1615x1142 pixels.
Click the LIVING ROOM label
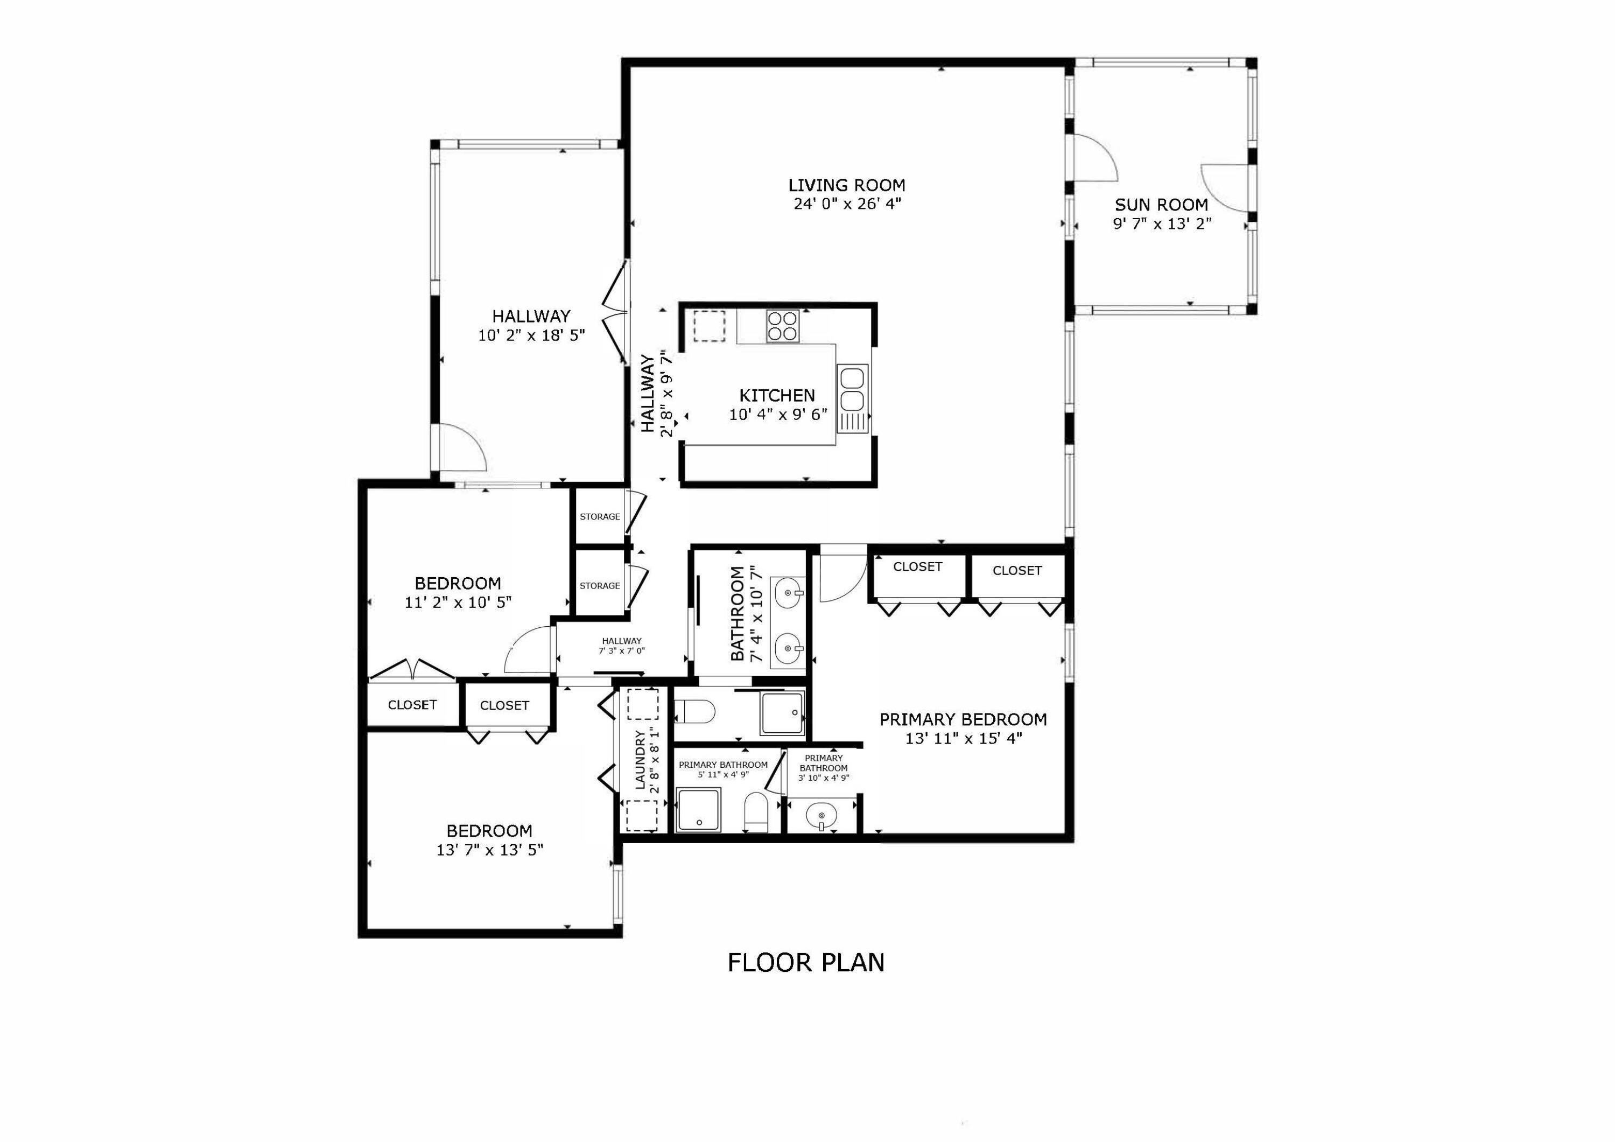846,185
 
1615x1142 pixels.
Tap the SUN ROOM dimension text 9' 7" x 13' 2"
1161,224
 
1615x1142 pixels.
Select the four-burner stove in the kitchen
782,326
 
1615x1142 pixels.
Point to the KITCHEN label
777,395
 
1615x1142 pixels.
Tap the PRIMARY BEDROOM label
963,719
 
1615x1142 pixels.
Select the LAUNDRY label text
640,760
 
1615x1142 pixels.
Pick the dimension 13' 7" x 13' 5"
489,850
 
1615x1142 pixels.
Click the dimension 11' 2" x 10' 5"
458,602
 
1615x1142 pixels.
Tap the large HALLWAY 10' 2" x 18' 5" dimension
532,335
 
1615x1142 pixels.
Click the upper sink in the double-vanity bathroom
788,592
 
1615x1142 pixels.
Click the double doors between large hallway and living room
616,312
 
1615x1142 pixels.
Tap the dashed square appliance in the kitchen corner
709,326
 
